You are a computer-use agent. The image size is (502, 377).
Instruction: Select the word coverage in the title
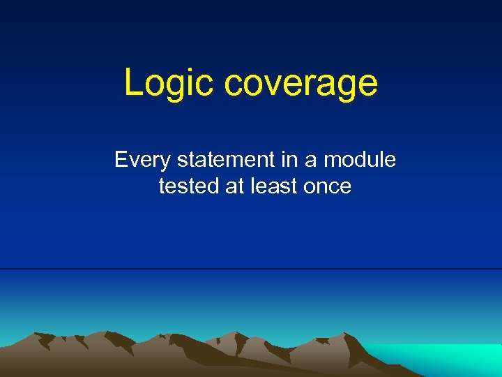click(x=301, y=83)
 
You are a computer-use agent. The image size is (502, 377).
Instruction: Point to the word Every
click(x=143, y=161)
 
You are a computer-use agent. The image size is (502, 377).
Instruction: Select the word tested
click(x=188, y=186)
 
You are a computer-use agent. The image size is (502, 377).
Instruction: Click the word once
click(x=328, y=186)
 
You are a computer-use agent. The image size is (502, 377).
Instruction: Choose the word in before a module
click(x=289, y=161)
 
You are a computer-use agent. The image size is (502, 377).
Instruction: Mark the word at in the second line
click(x=234, y=186)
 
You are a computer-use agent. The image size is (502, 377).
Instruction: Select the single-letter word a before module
click(x=310, y=162)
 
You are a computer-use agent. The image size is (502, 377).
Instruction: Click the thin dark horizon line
click(x=251, y=269)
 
